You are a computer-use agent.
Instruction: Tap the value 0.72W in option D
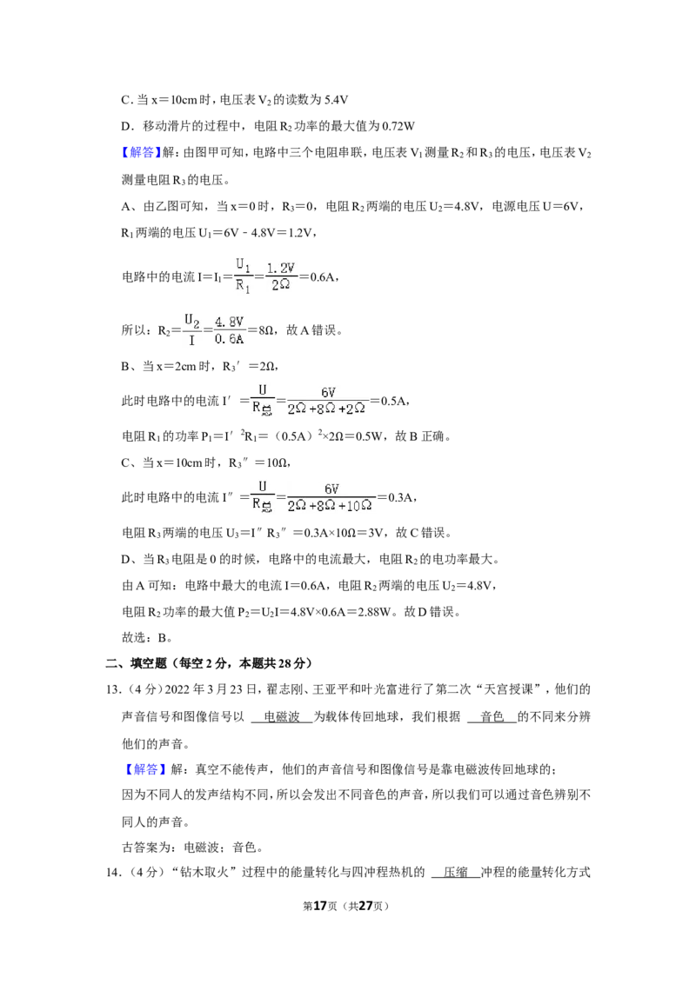point(398,126)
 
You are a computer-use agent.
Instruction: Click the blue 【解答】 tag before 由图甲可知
point(141,152)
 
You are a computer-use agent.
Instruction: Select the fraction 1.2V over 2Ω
point(281,276)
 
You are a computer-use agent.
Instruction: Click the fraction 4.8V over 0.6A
point(229,330)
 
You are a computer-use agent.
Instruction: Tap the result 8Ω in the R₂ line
point(265,330)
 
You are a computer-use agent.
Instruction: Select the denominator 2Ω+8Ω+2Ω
point(326,409)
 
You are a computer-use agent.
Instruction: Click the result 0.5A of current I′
point(394,401)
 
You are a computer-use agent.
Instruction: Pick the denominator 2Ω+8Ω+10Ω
point(330,505)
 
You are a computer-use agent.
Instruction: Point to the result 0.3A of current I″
point(401,497)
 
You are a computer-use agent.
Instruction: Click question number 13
point(113,689)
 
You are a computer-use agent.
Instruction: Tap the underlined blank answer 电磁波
point(281,716)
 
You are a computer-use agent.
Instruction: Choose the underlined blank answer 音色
point(492,716)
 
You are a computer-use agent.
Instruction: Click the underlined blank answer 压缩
point(455,872)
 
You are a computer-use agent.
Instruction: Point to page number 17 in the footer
point(320,906)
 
